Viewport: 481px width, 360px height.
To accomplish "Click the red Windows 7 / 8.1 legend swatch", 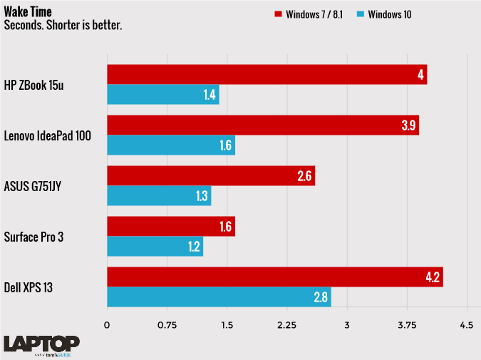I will click(278, 14).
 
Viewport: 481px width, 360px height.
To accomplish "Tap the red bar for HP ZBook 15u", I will click(267, 74).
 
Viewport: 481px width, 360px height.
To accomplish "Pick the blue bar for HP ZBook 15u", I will click(162, 95).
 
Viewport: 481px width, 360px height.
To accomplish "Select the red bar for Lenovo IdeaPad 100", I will click(262, 125).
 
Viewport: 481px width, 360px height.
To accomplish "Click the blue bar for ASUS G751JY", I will click(159, 196).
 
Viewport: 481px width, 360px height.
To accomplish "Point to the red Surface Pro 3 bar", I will click(170, 227).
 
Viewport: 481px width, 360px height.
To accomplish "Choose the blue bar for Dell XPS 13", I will click(219, 297).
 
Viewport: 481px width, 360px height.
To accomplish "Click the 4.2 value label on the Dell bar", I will click(432, 277).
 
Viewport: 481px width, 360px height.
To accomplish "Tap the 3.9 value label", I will click(408, 125).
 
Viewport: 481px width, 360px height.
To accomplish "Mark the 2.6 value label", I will click(304, 176).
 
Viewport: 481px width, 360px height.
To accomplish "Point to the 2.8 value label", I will click(321, 297).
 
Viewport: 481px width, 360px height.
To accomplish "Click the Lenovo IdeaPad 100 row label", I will click(47, 135).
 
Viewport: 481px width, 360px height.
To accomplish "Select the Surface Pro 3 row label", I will click(33, 237).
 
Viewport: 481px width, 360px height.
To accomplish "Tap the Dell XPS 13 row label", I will click(29, 287).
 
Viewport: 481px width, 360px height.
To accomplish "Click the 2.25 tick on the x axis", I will click(286, 325).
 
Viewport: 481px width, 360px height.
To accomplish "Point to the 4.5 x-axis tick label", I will click(466, 325).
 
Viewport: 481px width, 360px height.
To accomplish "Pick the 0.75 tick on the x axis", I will click(167, 325).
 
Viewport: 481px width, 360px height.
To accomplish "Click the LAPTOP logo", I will click(41, 343).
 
